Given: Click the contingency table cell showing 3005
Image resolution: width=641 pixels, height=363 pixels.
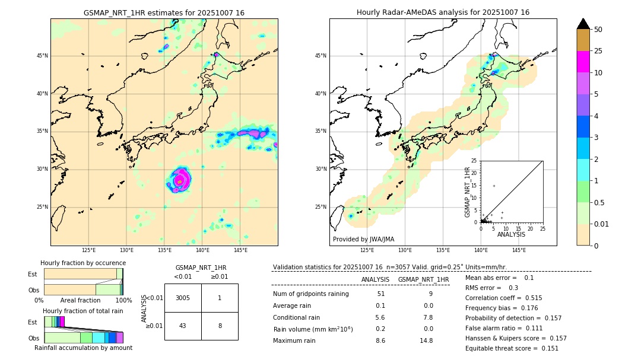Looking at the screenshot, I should point(183,298).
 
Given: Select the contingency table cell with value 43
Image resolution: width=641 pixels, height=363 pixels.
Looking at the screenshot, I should point(183,326).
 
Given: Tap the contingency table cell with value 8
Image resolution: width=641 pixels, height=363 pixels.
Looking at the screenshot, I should point(220,326).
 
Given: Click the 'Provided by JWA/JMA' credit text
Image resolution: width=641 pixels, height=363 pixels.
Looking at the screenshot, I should point(363,239).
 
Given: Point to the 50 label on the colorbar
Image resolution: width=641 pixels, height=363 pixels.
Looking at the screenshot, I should point(598,30).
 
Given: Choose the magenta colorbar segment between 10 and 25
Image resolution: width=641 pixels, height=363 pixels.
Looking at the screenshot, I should point(583,62).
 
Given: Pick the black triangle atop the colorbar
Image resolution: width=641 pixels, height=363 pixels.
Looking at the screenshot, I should point(583,24).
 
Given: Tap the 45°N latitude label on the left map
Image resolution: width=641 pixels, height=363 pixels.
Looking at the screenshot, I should point(42,56).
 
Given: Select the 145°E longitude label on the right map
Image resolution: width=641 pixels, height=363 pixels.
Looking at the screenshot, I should point(519,250).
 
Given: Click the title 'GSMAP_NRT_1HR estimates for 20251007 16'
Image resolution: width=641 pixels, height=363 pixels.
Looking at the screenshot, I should point(164,12).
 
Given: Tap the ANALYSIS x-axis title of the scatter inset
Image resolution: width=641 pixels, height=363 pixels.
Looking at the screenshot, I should point(511,234).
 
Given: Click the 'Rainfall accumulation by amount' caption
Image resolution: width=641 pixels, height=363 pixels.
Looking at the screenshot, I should point(83,348).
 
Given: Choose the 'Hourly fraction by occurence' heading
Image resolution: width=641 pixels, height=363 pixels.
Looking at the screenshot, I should point(83,263).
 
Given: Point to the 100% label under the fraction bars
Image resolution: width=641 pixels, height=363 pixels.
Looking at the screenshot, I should point(123,300).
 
